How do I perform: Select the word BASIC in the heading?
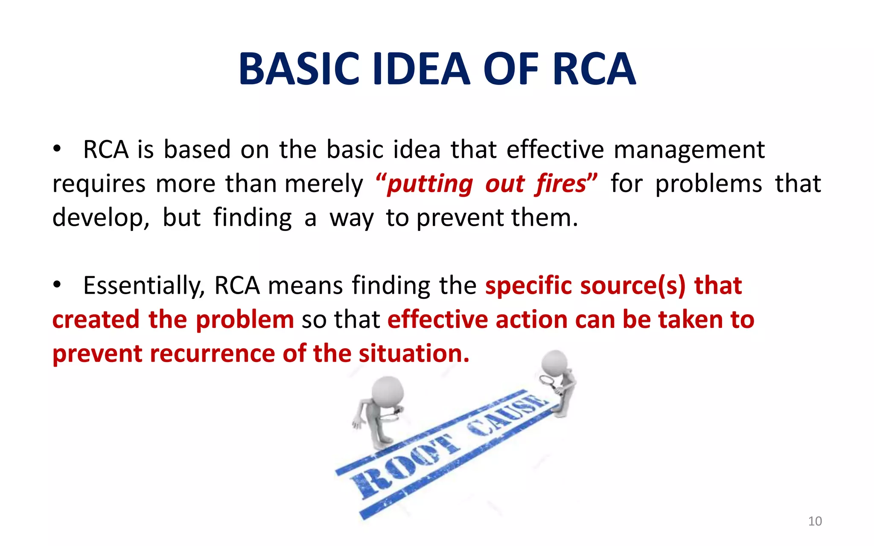299,69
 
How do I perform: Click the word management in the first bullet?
689,150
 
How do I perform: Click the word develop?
100,218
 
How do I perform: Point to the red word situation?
414,354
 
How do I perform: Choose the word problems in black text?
708,184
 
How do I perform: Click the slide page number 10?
815,521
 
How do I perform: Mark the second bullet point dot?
57,285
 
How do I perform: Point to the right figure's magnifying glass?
546,380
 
